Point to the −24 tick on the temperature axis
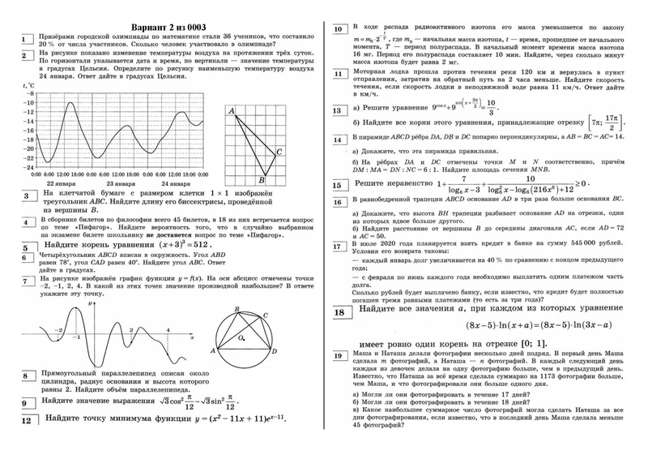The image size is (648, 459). tap(28, 170)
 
